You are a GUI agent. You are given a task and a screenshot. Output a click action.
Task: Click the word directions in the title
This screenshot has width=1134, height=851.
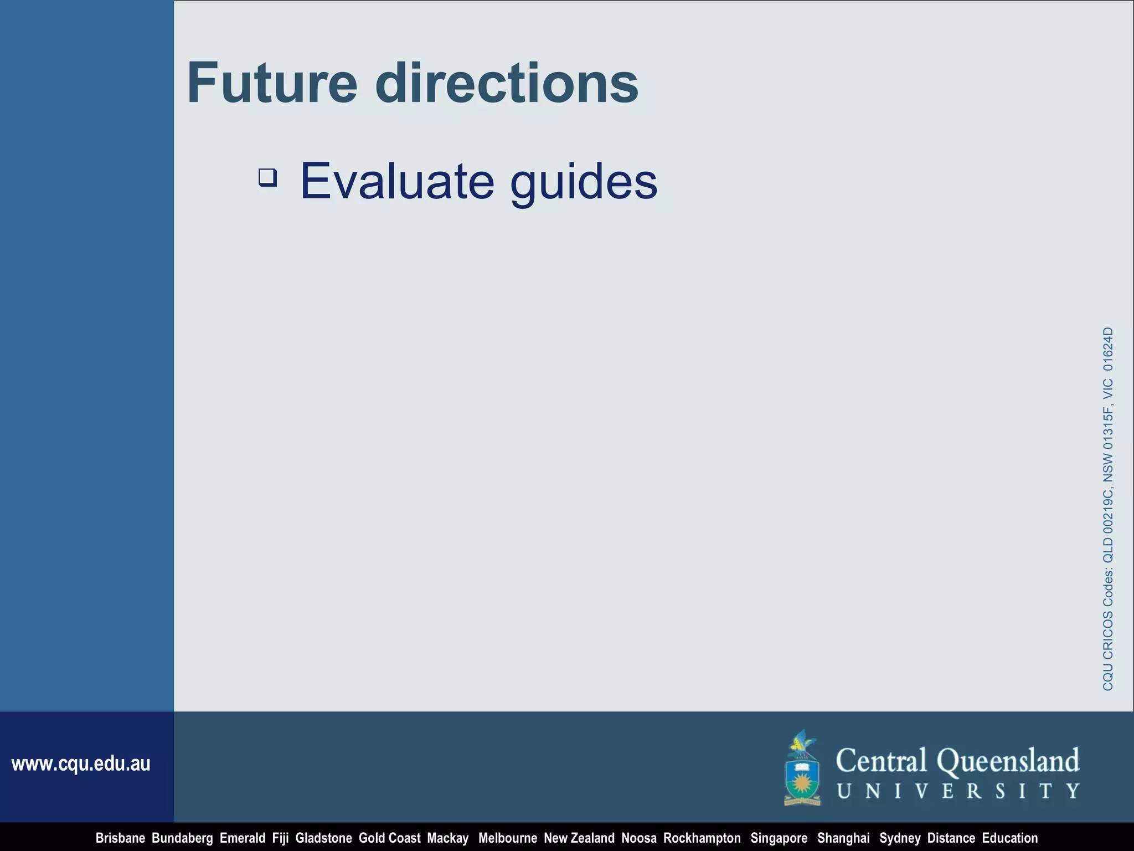507,83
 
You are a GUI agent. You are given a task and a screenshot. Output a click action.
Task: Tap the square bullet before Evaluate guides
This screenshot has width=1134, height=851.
268,178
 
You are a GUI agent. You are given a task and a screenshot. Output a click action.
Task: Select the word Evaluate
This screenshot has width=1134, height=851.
397,181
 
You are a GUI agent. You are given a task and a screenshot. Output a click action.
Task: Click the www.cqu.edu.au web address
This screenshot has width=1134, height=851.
81,764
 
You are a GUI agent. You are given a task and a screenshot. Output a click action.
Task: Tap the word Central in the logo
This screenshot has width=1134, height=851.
881,761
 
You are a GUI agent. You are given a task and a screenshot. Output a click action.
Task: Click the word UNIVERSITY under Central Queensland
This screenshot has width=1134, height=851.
958,791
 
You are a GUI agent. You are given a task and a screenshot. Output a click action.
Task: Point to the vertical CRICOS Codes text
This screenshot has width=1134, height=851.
1107,509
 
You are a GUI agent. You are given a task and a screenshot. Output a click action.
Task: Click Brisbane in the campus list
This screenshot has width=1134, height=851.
120,838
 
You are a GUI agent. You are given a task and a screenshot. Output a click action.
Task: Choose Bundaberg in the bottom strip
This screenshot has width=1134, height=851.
182,838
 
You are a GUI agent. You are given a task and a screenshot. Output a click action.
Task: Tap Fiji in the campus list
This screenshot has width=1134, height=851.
280,838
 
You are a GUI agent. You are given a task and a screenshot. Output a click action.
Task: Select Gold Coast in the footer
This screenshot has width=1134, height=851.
389,838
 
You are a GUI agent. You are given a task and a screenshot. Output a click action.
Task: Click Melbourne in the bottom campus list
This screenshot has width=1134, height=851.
507,838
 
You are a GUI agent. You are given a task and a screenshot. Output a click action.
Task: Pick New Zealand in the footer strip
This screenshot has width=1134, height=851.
579,838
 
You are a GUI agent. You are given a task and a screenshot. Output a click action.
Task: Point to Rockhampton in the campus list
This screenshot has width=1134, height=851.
702,838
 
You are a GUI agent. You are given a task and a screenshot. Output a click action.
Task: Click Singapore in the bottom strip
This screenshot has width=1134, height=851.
779,838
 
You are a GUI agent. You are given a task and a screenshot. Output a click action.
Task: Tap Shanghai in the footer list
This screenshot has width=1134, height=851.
843,838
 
